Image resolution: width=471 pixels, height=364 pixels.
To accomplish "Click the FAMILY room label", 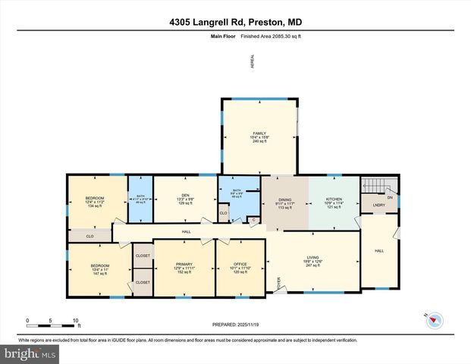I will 260,133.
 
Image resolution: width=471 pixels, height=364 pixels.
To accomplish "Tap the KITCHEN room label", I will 334,199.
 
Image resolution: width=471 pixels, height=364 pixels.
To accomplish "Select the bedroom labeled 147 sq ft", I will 89,265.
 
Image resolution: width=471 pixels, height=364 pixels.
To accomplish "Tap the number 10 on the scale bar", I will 76,320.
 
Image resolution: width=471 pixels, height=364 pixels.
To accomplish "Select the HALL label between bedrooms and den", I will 185,231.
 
